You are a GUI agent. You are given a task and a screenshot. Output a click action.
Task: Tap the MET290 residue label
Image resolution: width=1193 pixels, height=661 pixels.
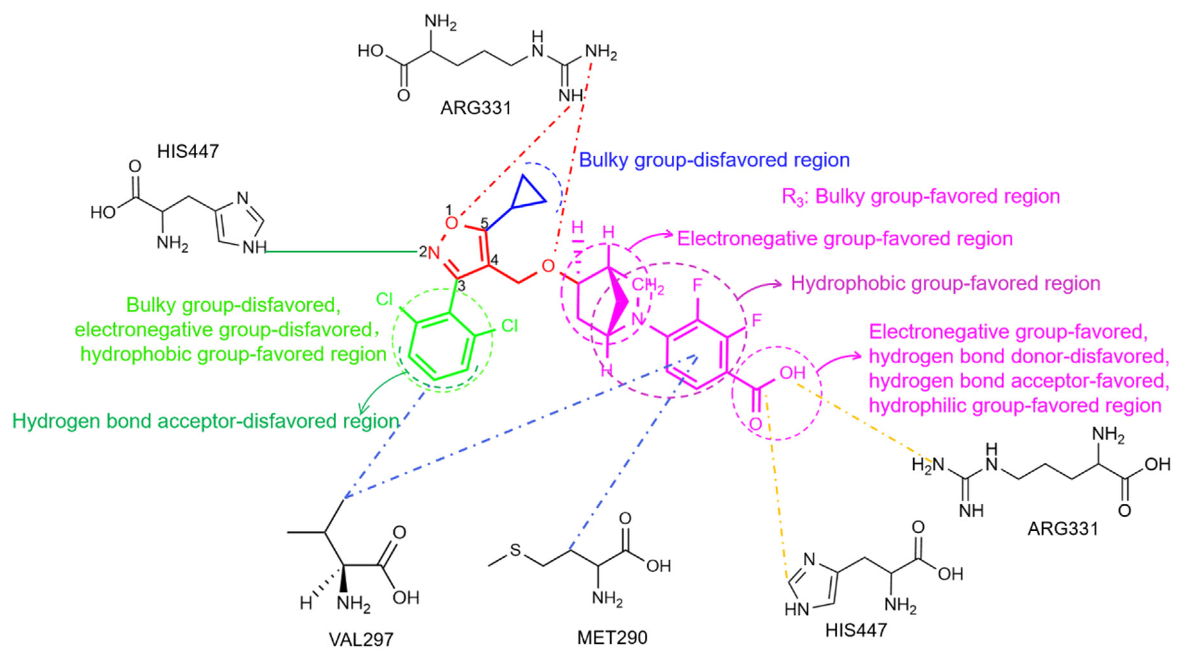(612, 638)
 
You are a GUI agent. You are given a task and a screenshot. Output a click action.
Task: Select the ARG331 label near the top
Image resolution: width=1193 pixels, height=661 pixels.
(476, 108)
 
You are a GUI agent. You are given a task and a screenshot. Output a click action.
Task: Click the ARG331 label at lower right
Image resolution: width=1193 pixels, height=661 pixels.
(1063, 528)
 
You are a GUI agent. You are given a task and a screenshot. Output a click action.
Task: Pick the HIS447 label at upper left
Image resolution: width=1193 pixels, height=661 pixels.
(188, 151)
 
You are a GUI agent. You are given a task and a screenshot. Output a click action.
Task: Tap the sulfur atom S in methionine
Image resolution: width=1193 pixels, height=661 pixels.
(515, 550)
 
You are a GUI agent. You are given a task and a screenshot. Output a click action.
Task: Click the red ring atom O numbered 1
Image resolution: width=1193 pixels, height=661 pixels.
(451, 223)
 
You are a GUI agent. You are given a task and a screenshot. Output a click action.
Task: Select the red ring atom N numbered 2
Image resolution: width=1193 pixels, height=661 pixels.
(433, 253)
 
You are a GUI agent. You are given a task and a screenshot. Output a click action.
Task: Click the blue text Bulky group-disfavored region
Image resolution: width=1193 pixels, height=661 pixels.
(714, 160)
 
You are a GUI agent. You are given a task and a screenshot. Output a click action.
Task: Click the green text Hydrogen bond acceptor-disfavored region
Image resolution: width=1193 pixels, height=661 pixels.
(206, 421)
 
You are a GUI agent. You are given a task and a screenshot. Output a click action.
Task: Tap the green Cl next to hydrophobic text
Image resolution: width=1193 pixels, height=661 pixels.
(510, 326)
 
